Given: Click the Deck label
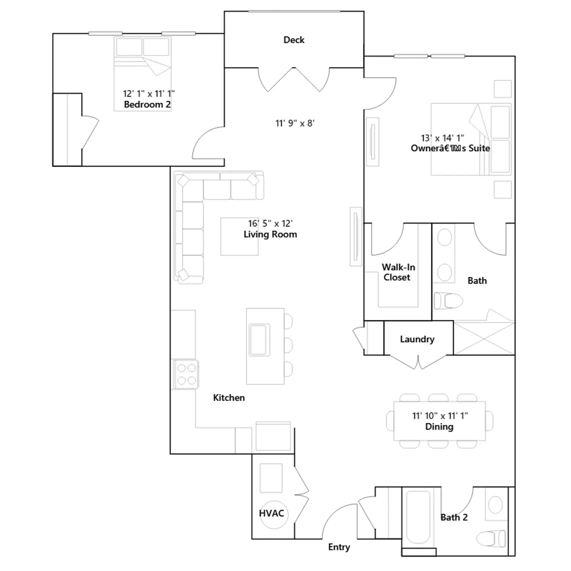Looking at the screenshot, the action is click(x=294, y=40).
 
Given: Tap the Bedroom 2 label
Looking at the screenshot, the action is click(x=147, y=105).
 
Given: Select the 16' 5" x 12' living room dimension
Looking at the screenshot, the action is click(x=270, y=223).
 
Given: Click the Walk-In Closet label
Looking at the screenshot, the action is click(x=398, y=272).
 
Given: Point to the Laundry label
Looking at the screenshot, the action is click(x=417, y=339).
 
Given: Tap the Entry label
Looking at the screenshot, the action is click(x=339, y=547).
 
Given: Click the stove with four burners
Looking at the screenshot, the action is click(x=186, y=374).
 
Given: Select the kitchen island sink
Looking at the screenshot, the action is click(x=259, y=340).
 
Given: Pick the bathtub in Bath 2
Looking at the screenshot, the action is click(x=418, y=517).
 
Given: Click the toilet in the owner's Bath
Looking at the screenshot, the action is click(x=448, y=301).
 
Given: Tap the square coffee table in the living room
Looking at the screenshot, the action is click(x=239, y=237).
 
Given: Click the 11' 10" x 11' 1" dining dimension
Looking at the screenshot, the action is click(x=440, y=416).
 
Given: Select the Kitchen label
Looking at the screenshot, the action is click(x=229, y=398).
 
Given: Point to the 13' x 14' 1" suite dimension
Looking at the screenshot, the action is click(x=443, y=138).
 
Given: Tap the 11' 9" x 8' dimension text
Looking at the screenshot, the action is click(x=295, y=123).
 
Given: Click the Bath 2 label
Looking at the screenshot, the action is click(x=454, y=517).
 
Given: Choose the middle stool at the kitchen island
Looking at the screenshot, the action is click(x=288, y=345).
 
